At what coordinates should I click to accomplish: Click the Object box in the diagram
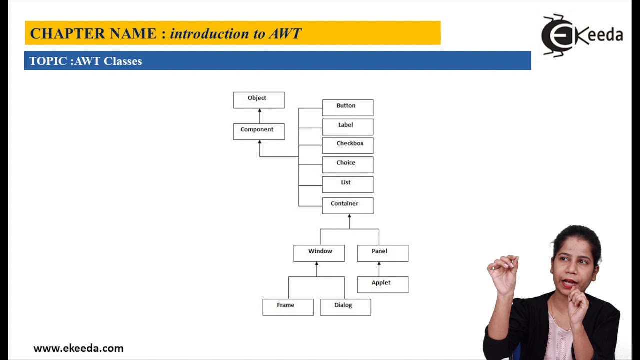point(259,100)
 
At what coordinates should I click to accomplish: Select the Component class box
point(259,131)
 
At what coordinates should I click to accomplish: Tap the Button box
point(347,107)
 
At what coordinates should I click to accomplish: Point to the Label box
point(347,127)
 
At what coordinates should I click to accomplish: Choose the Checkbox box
point(347,145)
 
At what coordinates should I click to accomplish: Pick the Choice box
point(347,164)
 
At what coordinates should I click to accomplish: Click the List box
point(347,184)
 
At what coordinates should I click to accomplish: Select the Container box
point(347,205)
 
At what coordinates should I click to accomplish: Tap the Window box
point(319,253)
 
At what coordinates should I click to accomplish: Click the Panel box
point(382,253)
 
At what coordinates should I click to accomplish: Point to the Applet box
point(382,284)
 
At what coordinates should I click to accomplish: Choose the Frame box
point(288,307)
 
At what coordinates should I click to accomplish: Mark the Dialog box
point(345,307)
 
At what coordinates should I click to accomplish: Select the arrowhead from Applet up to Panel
point(379,264)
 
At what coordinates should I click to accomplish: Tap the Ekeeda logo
point(581,35)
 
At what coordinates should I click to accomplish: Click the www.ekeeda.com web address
point(78,348)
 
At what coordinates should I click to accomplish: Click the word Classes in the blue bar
point(123,61)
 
